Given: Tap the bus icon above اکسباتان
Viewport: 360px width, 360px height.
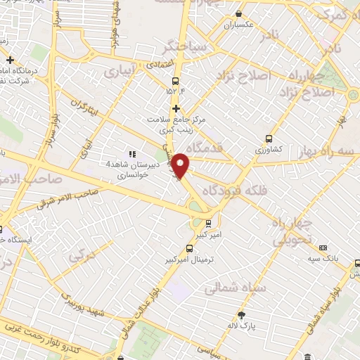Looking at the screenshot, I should tap(238, 13).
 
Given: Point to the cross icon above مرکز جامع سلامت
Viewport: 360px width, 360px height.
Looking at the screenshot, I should tap(176, 108).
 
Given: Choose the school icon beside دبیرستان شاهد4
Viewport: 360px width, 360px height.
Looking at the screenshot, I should tap(130, 154).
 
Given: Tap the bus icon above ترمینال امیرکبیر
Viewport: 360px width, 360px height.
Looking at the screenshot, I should tap(188, 247).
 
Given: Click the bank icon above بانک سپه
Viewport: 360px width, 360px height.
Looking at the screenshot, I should tap(323, 247).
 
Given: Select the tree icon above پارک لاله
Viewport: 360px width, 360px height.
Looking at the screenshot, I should tap(242, 316).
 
